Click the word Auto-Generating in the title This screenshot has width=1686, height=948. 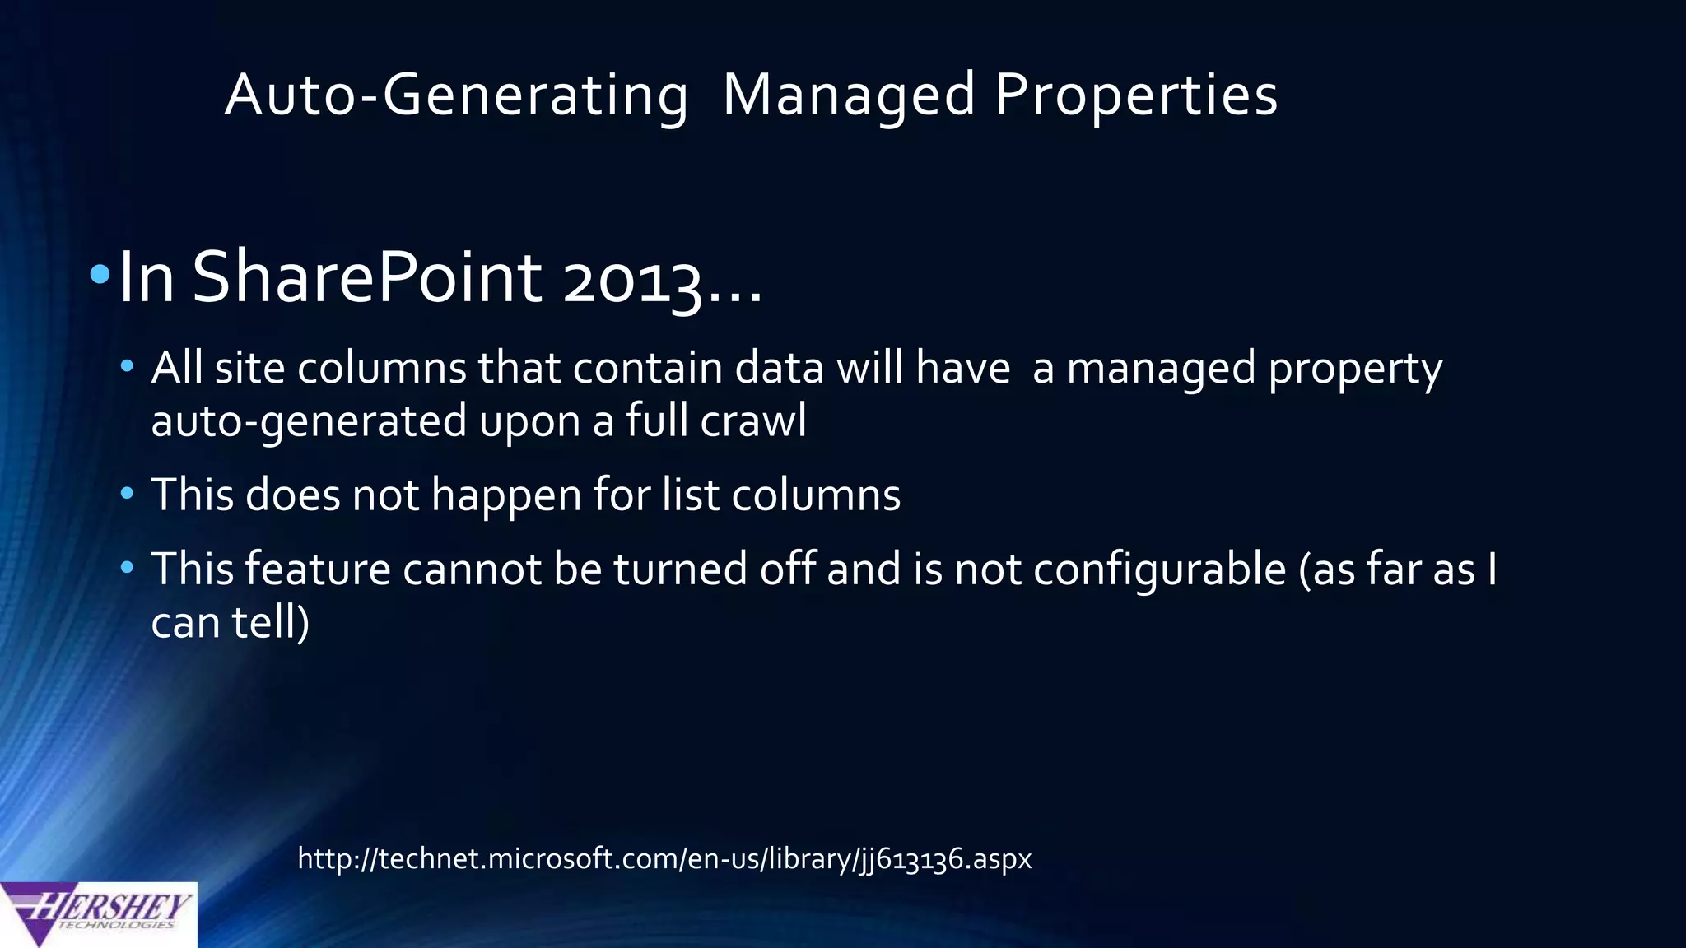point(457,95)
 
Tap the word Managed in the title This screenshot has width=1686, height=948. point(849,95)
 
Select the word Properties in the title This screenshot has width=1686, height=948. point(1136,95)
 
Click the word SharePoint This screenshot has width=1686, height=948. point(366,277)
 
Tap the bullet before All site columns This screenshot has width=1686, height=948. point(127,365)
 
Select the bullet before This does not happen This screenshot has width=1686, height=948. point(127,494)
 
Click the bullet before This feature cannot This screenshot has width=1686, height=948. point(127,568)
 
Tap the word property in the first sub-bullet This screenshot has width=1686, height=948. point(1355,369)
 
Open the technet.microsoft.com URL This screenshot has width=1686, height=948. point(664,858)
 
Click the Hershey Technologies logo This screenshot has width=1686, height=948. point(98,913)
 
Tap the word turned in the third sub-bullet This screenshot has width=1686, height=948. point(680,569)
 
